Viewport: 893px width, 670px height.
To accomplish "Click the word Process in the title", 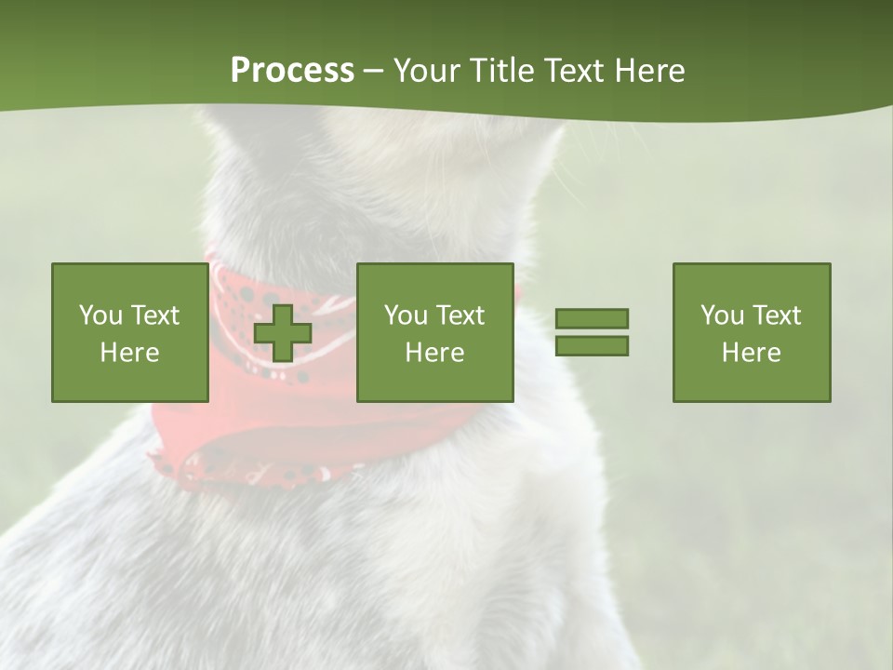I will (x=292, y=71).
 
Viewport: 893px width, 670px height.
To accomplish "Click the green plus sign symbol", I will (x=283, y=332).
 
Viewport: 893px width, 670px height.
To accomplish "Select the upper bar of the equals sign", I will (x=592, y=318).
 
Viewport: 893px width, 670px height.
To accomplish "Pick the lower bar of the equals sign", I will (x=592, y=345).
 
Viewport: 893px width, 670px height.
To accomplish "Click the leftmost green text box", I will (x=129, y=332).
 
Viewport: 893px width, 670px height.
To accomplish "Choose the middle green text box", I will (x=434, y=332).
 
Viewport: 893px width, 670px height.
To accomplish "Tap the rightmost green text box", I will (x=751, y=332).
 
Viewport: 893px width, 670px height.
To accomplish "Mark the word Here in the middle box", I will (x=434, y=353).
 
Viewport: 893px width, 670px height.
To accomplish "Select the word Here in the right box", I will (x=751, y=353).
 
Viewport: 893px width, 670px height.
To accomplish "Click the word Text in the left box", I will (x=154, y=315).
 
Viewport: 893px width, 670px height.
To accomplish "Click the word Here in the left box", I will (x=129, y=353).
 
